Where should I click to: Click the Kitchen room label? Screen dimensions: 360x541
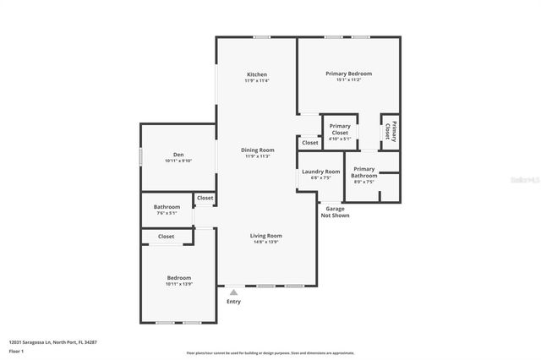tap(257, 74)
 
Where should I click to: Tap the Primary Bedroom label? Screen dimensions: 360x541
tap(348, 74)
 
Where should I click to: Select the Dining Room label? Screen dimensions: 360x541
tap(257, 150)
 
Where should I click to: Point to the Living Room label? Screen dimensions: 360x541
tap(266, 235)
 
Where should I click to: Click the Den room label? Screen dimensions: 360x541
tap(178, 154)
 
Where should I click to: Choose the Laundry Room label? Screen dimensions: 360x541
tap(320, 172)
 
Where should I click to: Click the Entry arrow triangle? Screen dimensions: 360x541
tap(233, 292)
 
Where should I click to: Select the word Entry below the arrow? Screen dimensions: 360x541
tap(233, 302)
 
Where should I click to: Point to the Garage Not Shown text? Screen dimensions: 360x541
tap(335, 211)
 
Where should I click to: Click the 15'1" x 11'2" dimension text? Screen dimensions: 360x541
tap(348, 80)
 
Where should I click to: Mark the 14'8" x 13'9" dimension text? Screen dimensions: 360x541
tap(266, 242)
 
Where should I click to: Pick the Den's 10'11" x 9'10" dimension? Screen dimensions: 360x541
tap(178, 161)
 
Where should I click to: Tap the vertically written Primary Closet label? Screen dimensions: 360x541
tap(390, 131)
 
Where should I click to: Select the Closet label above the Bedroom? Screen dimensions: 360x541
tap(167, 237)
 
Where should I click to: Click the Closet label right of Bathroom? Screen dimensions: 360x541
tap(205, 199)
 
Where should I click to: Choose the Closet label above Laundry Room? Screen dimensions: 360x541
tap(310, 143)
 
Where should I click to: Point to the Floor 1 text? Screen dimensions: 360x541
tap(16, 350)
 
